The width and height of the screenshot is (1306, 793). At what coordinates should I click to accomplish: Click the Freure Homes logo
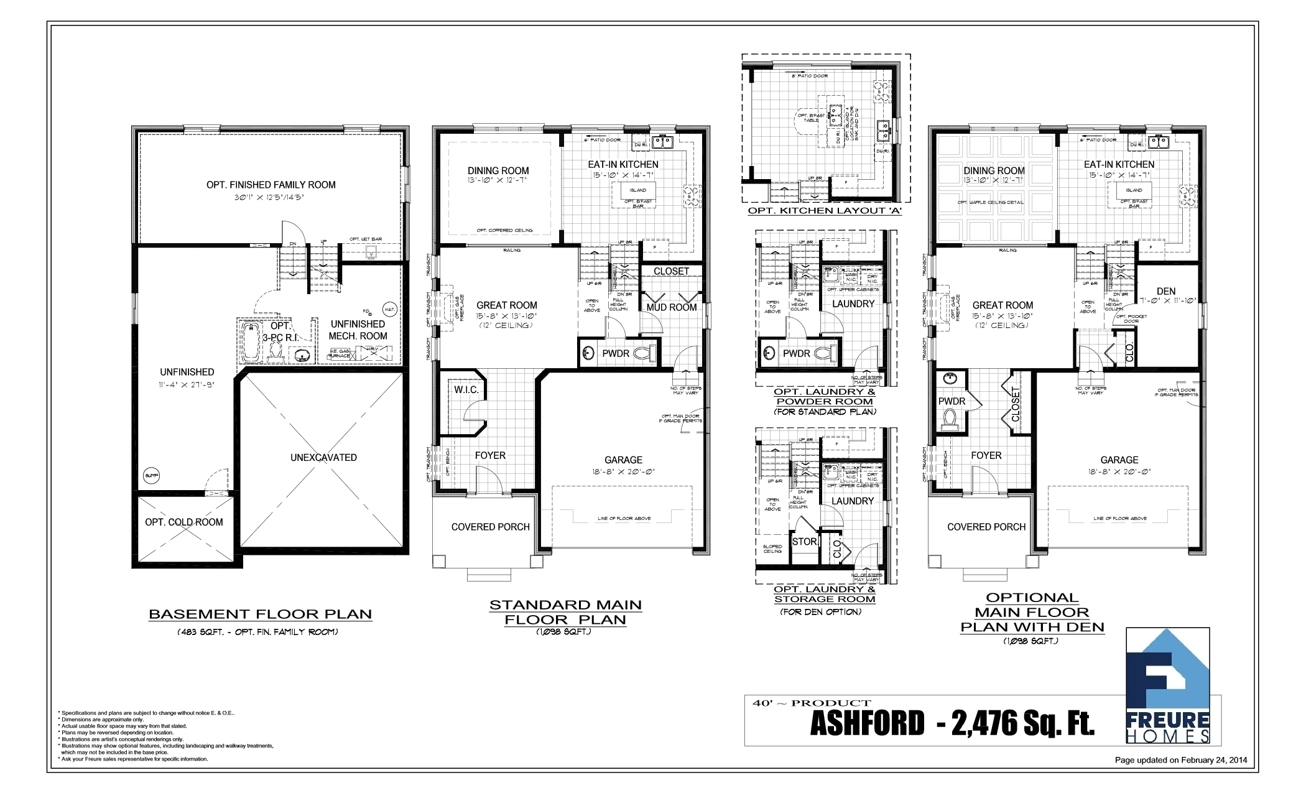(x=1167, y=686)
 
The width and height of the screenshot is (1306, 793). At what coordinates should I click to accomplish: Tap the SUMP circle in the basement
(x=151, y=476)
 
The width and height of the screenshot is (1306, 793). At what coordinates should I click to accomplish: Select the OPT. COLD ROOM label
(x=184, y=522)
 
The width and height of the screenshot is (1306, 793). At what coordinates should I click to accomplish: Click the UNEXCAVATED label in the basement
(x=323, y=458)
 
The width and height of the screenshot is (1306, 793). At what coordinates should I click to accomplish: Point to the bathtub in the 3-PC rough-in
(x=250, y=341)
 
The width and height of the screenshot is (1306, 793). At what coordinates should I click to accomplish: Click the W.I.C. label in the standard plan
(x=466, y=390)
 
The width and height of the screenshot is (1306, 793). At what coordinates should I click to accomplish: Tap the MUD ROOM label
(x=672, y=307)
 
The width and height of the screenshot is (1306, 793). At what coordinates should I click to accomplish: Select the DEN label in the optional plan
(x=1166, y=291)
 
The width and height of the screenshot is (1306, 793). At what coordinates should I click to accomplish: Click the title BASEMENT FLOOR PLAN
(x=260, y=614)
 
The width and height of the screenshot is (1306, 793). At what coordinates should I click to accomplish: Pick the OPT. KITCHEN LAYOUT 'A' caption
(x=825, y=211)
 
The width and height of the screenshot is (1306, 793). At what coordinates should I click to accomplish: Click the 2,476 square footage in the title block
(x=1023, y=723)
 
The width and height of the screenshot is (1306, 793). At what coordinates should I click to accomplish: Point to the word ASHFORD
(x=867, y=723)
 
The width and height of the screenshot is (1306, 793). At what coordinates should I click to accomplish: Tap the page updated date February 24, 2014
(x=1180, y=760)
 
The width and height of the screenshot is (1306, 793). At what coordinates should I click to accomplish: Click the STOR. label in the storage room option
(x=804, y=542)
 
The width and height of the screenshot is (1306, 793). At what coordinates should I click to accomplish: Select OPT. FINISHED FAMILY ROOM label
(x=271, y=185)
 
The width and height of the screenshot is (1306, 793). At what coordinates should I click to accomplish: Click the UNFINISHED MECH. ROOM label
(x=358, y=330)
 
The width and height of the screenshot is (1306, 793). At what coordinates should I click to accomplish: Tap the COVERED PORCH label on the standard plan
(x=490, y=527)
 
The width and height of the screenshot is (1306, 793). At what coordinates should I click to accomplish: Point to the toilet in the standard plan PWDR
(x=644, y=353)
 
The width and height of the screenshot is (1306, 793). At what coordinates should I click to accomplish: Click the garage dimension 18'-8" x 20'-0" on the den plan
(x=1119, y=471)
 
